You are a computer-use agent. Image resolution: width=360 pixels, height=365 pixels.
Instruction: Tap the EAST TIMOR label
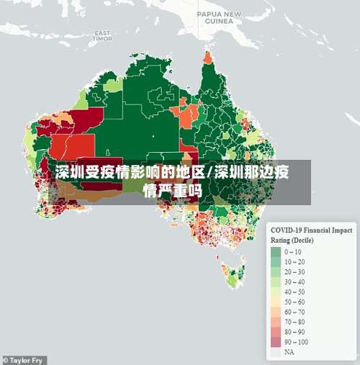tap(102, 35)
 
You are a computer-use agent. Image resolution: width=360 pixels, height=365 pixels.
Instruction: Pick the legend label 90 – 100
tap(297, 343)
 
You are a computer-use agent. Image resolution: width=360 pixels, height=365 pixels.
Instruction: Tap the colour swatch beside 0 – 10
tap(276, 252)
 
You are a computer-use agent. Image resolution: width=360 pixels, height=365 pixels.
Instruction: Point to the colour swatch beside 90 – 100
tap(276, 343)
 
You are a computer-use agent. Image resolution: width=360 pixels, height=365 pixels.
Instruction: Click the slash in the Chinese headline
tap(210, 174)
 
